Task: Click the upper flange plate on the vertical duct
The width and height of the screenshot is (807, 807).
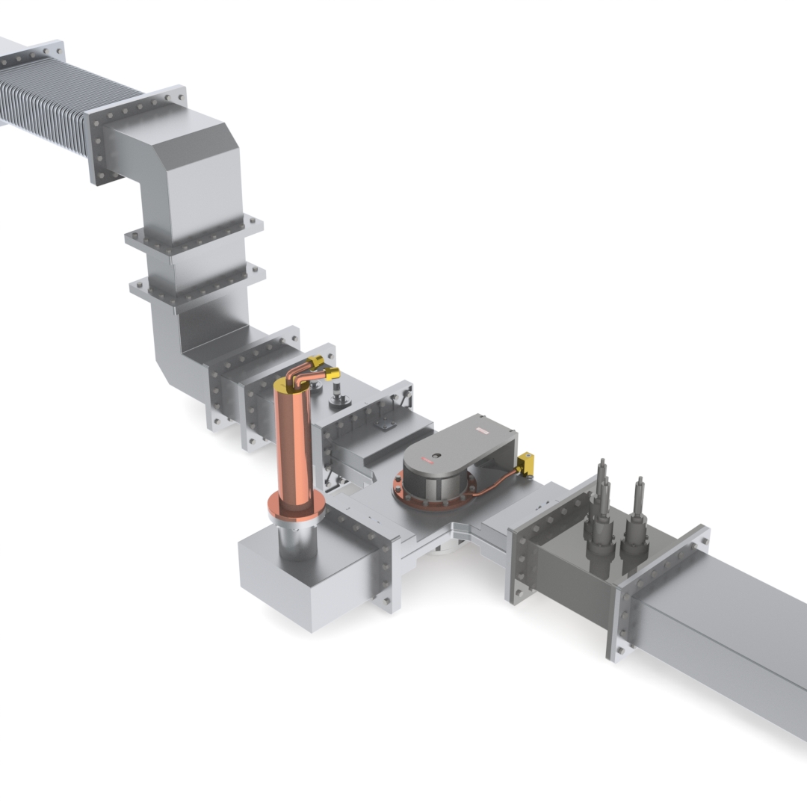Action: pyautogui.click(x=194, y=235)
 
